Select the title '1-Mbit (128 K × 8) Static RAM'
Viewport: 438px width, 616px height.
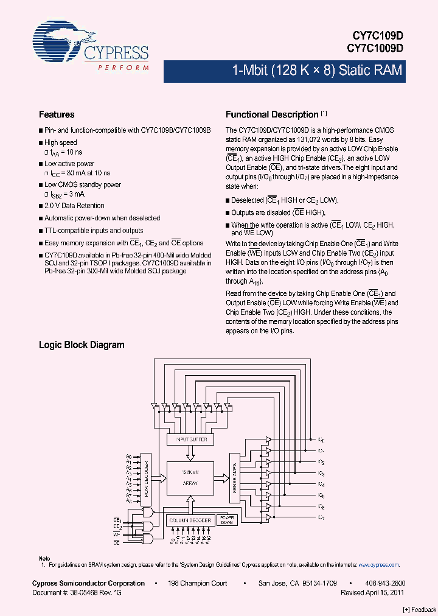click(x=317, y=71)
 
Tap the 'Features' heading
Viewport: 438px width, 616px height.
click(x=57, y=114)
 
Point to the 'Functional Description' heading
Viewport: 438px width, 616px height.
click(x=272, y=114)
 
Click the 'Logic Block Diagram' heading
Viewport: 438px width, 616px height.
click(x=82, y=345)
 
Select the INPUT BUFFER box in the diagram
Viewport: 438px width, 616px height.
click(x=190, y=439)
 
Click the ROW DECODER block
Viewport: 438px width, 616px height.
click(x=146, y=477)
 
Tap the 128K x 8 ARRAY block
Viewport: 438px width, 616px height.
click(x=191, y=477)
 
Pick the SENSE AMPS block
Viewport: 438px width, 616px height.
click(x=235, y=477)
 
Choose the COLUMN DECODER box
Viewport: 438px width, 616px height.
click(x=190, y=520)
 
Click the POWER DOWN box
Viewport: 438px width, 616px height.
click(x=226, y=520)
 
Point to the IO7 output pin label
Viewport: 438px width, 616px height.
click(x=322, y=517)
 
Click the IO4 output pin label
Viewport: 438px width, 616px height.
click(x=322, y=485)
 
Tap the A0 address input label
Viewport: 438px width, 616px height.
click(x=129, y=457)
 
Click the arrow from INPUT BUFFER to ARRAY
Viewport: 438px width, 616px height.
click(x=190, y=453)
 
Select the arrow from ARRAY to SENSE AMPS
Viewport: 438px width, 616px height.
click(x=221, y=477)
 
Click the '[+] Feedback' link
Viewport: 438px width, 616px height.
click(x=420, y=609)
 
